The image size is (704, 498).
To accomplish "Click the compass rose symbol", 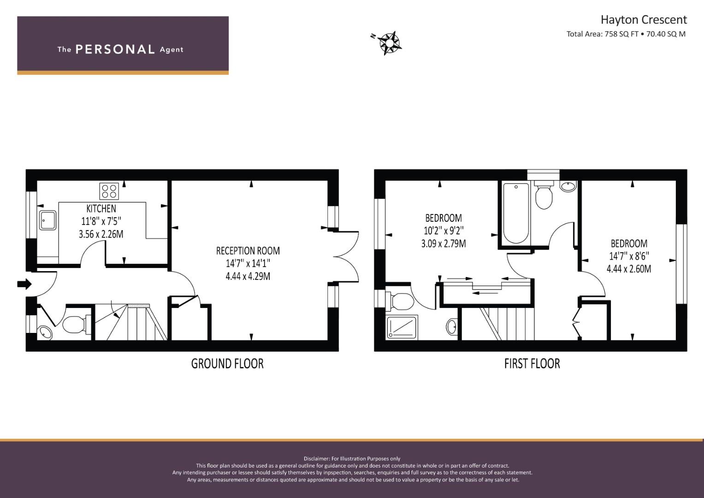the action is (x=389, y=43).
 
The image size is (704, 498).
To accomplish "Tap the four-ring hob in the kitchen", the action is (x=109, y=191).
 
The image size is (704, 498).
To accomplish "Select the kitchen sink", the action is (x=48, y=220).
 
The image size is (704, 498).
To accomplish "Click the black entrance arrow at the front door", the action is (x=24, y=284).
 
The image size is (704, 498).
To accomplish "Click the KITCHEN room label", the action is (x=101, y=208).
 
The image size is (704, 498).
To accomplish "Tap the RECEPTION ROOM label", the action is (x=248, y=250).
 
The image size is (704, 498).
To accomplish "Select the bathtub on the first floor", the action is (x=516, y=213).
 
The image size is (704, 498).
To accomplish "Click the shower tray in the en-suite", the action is (x=402, y=327).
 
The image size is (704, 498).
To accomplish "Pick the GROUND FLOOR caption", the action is (x=227, y=364).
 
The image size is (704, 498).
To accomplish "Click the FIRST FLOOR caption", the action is (x=532, y=364).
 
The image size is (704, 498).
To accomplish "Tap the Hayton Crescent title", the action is (x=644, y=20).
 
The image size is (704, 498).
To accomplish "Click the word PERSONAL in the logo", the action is (x=115, y=49).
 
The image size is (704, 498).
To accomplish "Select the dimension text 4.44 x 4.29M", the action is (x=248, y=276).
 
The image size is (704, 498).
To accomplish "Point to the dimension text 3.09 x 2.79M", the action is (x=444, y=243).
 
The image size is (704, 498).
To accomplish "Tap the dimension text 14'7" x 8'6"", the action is (x=629, y=256).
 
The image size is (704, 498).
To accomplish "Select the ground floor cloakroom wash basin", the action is (x=45, y=332).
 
